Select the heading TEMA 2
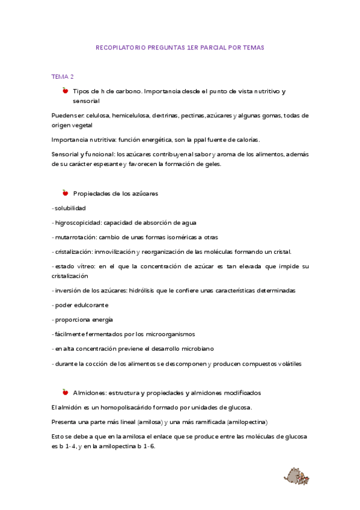[x=63, y=77]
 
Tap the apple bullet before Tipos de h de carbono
[x=65, y=90]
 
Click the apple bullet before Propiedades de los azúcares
[x=65, y=193]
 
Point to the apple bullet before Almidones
[x=65, y=392]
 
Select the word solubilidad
[x=70, y=208]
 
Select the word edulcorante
[x=90, y=305]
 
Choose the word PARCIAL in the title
[x=207, y=47]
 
